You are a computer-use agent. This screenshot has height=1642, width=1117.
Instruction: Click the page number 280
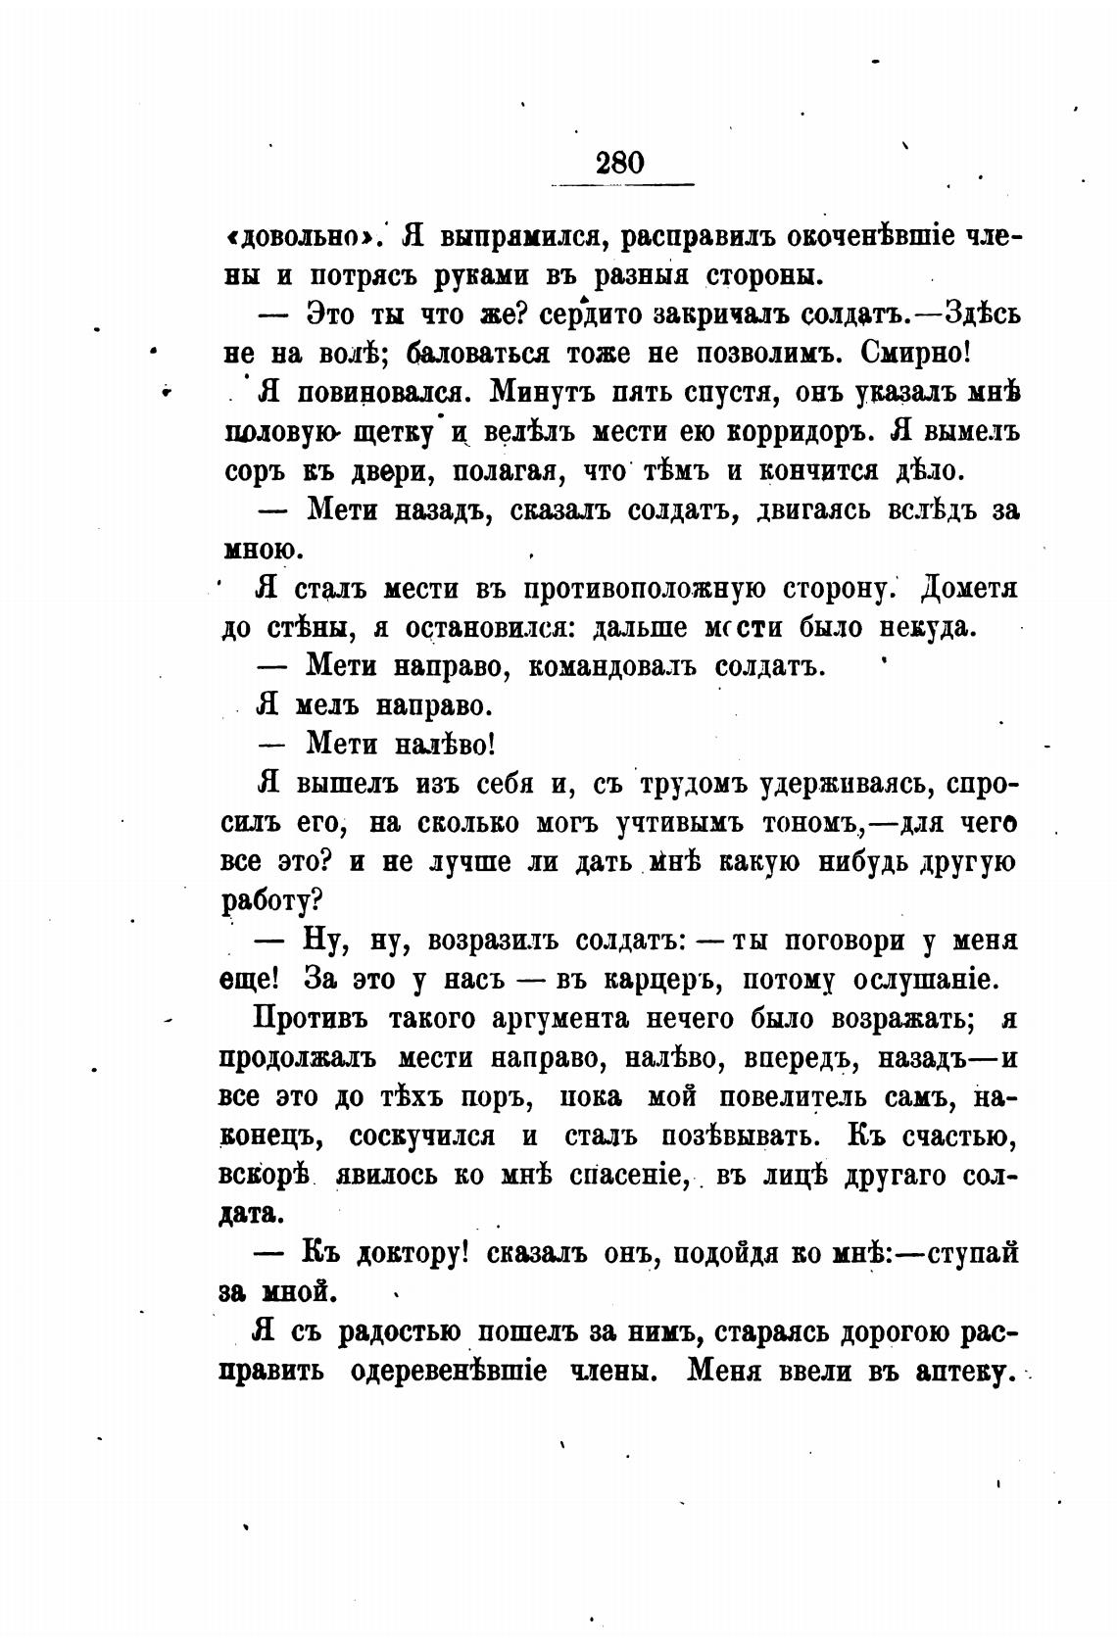(x=619, y=161)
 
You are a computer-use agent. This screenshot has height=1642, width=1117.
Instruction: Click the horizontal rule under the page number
(x=622, y=184)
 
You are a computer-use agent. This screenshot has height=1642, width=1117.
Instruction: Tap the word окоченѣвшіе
(x=875, y=237)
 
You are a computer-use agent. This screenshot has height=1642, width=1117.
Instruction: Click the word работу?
(x=274, y=901)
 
